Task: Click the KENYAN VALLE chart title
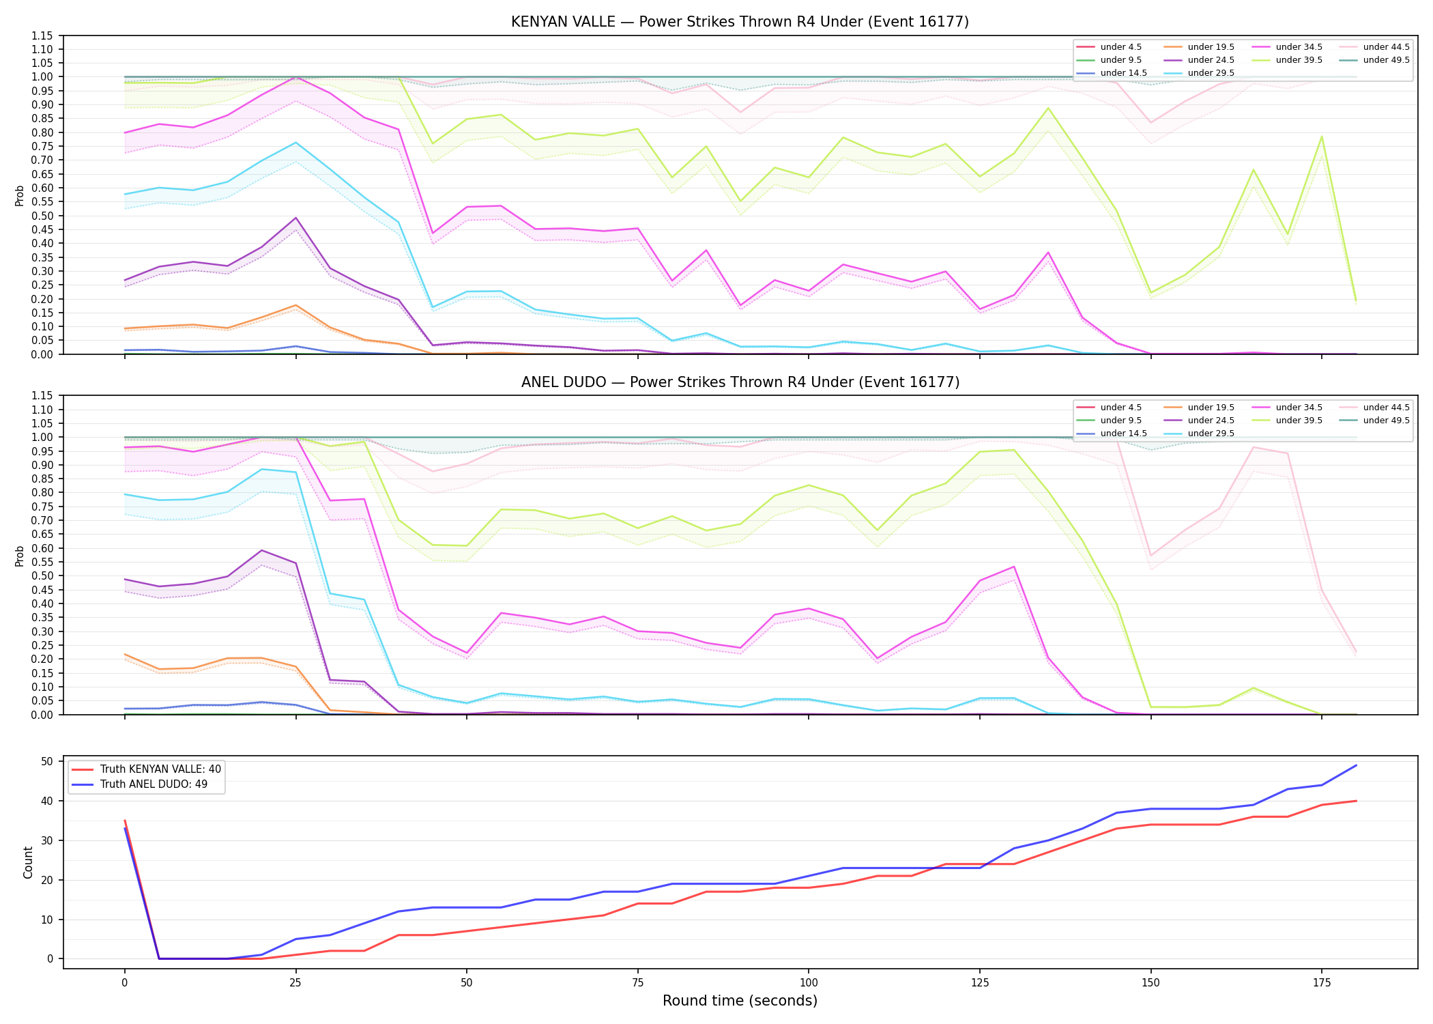point(740,22)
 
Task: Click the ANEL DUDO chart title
point(740,382)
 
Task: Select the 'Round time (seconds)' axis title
point(740,1001)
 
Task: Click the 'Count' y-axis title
point(28,862)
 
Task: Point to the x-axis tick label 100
point(808,983)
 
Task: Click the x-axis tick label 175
point(1322,983)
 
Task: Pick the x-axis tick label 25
point(295,983)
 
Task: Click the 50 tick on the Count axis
point(47,761)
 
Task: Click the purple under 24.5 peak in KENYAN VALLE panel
point(295,218)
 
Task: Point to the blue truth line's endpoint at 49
point(1356,765)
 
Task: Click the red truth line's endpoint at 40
point(1356,801)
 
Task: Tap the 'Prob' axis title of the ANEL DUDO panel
point(20,556)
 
